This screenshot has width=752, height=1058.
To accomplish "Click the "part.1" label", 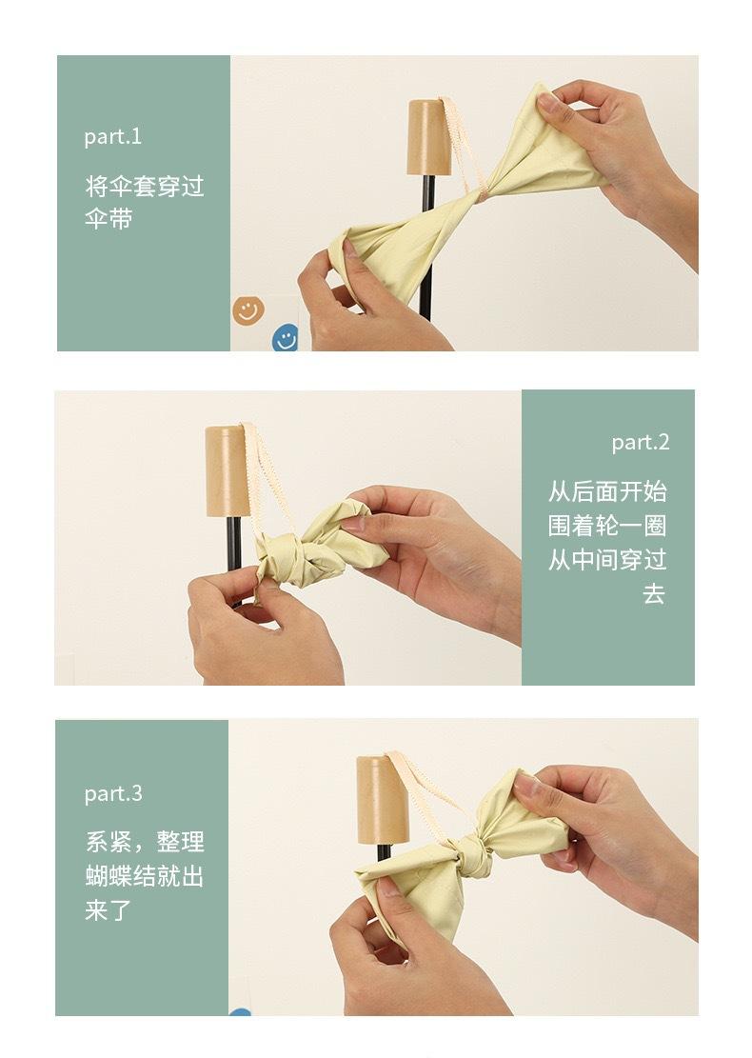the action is coord(112,137).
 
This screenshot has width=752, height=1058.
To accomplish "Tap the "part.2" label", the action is coord(640,442).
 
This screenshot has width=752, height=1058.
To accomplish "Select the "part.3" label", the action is coord(113,793).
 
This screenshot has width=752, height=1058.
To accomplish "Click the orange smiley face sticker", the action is coord(248,309).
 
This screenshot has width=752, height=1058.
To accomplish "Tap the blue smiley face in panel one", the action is coord(286,338).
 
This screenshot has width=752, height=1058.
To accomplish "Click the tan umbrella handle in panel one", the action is coord(430,138).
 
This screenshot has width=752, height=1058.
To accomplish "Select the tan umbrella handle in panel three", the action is coord(383,800).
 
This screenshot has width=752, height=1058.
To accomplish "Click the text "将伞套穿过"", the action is coord(145,187).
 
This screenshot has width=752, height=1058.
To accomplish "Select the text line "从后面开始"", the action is coord(607,491).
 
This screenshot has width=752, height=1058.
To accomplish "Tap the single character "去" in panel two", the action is coord(654,594).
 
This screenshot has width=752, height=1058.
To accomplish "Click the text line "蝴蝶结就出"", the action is coord(145,876).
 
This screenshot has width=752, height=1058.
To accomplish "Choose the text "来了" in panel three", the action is coord(108,910).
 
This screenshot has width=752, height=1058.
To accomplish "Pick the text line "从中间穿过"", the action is coord(607,559).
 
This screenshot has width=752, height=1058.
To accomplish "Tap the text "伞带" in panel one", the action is coord(108,219).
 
